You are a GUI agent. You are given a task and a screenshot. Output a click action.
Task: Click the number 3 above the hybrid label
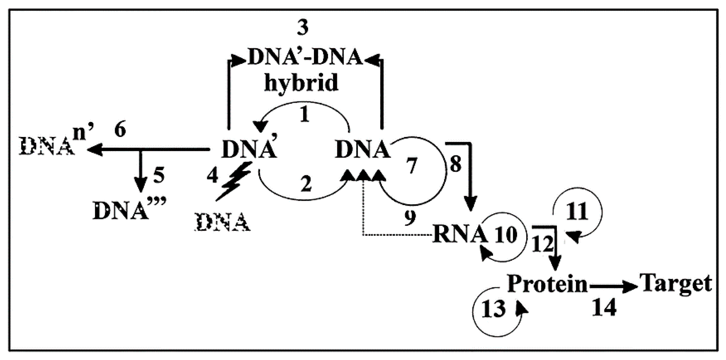[303, 28]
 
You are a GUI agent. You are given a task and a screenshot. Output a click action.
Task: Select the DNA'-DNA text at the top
[305, 57]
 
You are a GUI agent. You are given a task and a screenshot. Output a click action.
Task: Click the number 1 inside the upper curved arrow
[304, 115]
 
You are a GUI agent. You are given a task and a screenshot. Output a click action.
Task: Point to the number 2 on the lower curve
[306, 184]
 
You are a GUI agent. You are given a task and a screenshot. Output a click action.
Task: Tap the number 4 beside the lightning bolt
[213, 176]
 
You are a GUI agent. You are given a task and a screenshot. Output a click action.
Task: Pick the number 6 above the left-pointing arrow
[120, 130]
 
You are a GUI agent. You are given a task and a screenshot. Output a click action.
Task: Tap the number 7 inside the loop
[412, 166]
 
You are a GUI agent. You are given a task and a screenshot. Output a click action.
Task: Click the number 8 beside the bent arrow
[455, 164]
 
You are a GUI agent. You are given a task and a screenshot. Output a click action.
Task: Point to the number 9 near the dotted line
[410, 218]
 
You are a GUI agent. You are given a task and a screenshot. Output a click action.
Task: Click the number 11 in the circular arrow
[577, 211]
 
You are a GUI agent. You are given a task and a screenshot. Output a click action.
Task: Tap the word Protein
[547, 284]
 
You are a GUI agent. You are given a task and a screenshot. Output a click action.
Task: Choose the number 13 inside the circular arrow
[493, 309]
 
